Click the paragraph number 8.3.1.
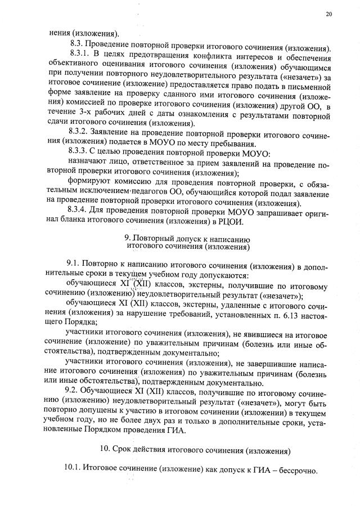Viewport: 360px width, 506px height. pos(79,53)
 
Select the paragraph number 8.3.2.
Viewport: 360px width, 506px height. pos(79,131)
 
